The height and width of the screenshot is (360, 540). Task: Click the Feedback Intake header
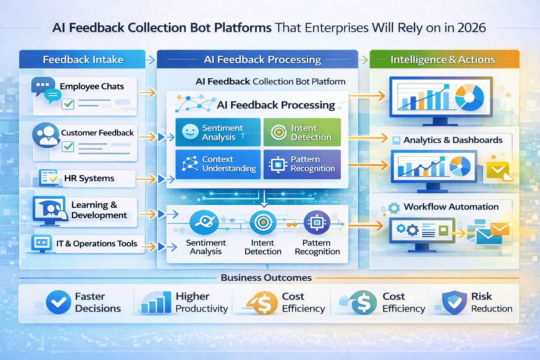point(83,59)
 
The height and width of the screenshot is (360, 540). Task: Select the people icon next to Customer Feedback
point(46,135)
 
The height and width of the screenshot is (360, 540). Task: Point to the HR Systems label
point(89,178)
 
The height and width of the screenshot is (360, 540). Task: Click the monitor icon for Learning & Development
point(50,210)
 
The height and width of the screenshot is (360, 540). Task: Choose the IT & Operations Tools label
point(97,243)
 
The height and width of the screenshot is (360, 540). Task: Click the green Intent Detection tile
point(302,133)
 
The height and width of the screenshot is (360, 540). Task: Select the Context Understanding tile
point(218,164)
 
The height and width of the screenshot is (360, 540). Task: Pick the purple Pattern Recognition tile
point(302,164)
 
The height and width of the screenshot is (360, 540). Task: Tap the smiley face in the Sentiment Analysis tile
point(190,132)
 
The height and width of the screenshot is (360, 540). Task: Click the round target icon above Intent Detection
point(263,222)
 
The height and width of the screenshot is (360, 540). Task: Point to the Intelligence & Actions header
point(443,59)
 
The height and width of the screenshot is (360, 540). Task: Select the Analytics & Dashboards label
point(453,140)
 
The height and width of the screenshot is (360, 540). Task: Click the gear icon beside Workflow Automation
point(394,208)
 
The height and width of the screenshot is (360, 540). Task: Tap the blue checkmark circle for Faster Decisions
point(58,302)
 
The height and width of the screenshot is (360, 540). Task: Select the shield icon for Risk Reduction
point(454,302)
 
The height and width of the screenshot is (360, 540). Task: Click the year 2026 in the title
point(472,28)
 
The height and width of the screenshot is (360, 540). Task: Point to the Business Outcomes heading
point(266,278)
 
